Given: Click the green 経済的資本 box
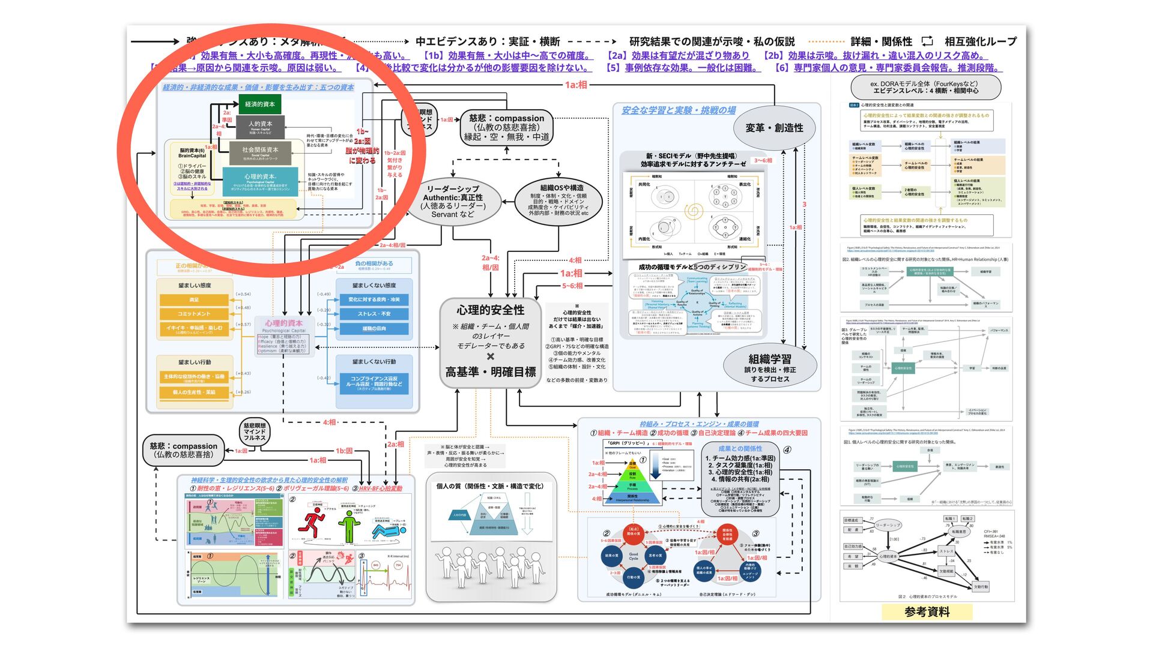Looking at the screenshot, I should point(260,104).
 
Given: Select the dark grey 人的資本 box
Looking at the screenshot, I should point(260,127).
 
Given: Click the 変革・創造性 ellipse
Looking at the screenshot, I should point(773,128).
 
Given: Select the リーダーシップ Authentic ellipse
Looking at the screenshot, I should point(453,201).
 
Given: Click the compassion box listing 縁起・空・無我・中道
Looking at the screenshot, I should point(506,127).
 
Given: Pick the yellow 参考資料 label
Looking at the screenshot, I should point(927,612).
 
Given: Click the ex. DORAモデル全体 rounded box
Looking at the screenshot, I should point(925,88).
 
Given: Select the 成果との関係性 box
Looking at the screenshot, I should point(740,478).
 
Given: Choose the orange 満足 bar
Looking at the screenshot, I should point(194,299).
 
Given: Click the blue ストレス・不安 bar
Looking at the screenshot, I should point(374,314).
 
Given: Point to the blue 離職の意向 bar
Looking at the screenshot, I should point(374,329).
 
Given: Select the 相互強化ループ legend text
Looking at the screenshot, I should point(980,41).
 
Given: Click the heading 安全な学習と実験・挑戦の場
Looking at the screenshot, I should point(678,110).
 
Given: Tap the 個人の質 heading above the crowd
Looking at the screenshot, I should point(489,486).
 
